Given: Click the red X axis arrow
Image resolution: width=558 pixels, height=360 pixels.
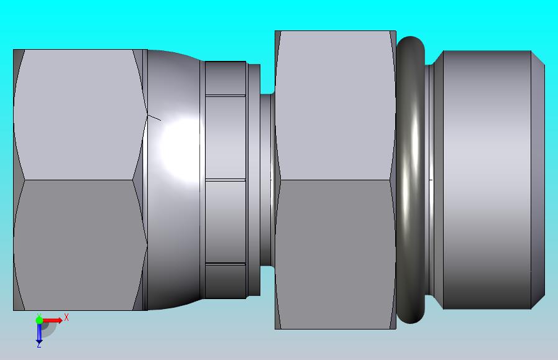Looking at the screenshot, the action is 52,320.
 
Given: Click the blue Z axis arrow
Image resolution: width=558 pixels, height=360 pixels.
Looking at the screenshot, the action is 39,333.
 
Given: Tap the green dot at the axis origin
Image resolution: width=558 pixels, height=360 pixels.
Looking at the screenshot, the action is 39,320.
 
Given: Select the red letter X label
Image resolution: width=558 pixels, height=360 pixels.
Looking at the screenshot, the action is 66,317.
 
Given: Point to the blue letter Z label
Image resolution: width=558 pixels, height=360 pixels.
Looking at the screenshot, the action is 39,345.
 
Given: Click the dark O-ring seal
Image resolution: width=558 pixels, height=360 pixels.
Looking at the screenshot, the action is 410,180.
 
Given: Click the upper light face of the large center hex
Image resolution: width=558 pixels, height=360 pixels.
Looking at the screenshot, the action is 335,106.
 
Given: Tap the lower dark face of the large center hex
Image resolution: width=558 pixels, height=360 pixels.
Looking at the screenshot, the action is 335,254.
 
